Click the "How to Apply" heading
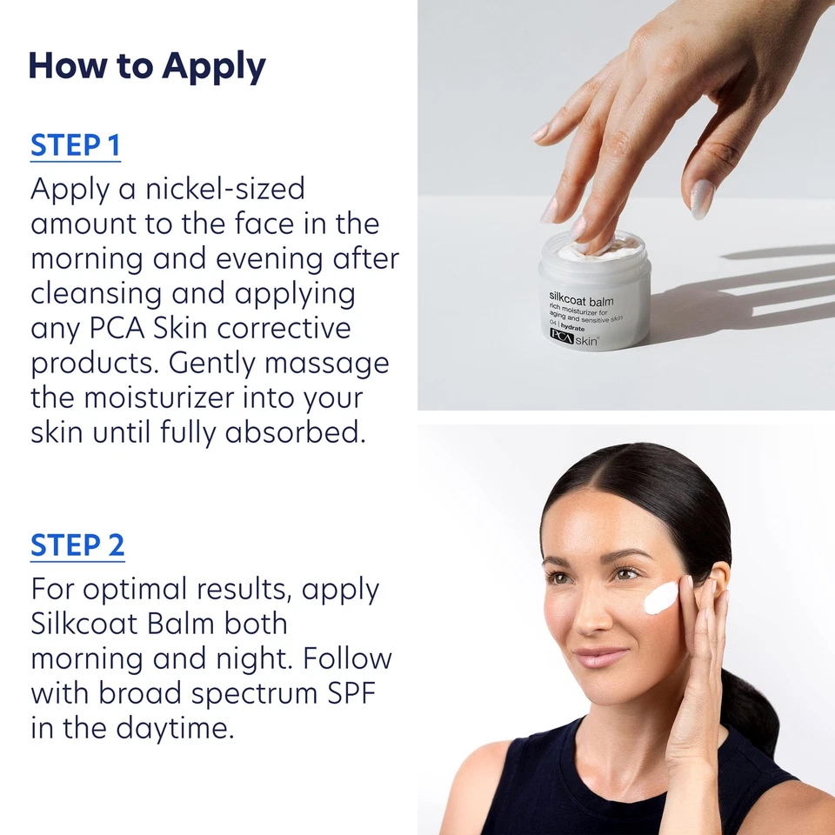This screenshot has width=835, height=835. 147,67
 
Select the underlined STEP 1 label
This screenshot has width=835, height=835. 75,145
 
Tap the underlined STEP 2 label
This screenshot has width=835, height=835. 77,545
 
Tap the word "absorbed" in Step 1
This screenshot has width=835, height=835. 295,432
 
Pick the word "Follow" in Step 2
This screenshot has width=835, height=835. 348,658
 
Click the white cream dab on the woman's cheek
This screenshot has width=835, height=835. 662,597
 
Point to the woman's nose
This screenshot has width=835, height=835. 592,614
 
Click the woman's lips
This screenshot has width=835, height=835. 598,656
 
